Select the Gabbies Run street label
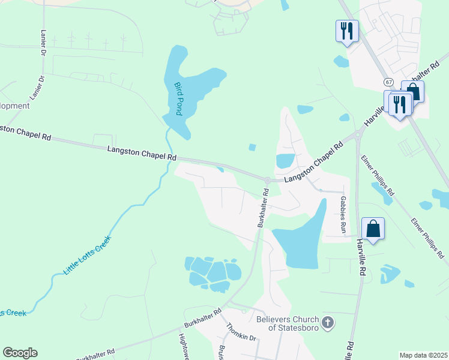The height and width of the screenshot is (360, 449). tap(343, 214)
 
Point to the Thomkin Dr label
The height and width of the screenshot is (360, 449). tap(241, 333)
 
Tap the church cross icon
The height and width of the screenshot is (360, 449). tap(328, 323)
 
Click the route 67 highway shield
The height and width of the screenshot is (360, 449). tap(390, 82)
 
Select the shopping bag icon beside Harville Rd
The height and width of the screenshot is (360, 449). tap(373, 229)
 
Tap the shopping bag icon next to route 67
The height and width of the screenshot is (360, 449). tap(413, 91)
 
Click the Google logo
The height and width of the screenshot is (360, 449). tap(20, 353)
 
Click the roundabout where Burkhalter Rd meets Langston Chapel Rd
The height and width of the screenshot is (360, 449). tap(267, 180)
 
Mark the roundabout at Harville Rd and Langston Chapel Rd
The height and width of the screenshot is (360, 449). tap(358, 135)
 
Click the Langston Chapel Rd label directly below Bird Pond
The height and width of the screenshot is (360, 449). tap(142, 153)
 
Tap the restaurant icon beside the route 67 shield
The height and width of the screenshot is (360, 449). tap(399, 104)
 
